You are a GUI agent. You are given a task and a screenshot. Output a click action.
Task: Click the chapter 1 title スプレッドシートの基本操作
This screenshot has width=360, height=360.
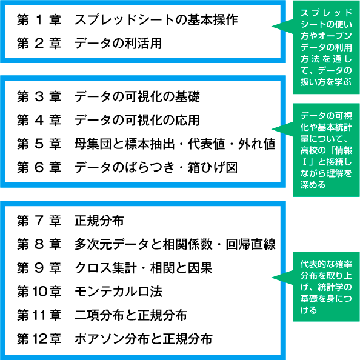pos(156,19)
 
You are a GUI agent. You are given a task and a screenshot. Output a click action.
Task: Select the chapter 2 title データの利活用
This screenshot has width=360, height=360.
pos(118,43)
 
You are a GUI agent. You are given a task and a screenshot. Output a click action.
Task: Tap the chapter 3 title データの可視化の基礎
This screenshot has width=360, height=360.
pos(137,96)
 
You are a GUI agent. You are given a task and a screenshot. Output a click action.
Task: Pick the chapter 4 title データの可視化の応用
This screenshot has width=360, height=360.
pos(137,120)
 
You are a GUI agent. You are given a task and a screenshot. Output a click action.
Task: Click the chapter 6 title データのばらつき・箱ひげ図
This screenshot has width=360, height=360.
pos(156,167)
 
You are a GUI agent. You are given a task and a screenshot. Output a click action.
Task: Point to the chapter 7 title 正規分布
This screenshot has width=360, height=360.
pos(99,221)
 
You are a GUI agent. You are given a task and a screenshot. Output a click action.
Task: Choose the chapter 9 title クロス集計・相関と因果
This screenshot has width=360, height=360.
pos(144,268)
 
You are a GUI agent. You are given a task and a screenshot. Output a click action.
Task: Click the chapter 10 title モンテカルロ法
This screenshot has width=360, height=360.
pos(118,292)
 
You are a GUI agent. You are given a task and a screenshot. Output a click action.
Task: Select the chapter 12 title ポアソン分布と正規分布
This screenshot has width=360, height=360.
pos(144,339)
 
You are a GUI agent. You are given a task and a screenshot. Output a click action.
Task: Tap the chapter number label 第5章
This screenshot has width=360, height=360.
pos(39,144)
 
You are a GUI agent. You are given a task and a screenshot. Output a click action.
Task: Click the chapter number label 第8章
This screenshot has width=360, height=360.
pos(39,244)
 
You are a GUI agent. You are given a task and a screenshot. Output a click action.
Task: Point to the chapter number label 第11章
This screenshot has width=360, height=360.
pos(39,315)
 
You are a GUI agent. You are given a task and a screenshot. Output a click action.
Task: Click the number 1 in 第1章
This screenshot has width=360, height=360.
pos(39,19)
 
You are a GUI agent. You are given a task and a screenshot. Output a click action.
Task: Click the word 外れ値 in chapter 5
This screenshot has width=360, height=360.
pos(257,144)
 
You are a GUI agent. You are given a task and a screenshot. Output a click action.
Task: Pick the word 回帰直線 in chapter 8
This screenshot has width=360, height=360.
pos(251,244)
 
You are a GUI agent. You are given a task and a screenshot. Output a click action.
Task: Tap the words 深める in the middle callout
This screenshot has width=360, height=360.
pos(313,185)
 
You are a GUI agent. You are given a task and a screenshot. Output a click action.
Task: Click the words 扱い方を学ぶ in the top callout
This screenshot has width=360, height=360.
pos(326,82)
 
